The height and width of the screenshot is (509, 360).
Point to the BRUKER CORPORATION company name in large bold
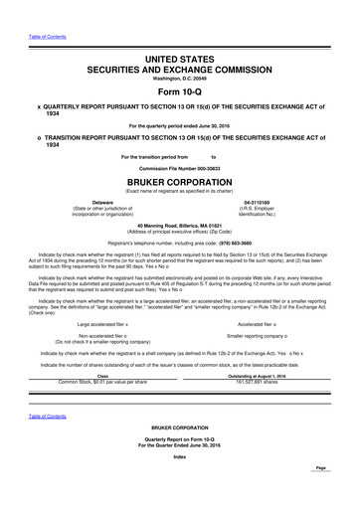[179, 184]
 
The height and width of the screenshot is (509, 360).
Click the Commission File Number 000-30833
[180, 169]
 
